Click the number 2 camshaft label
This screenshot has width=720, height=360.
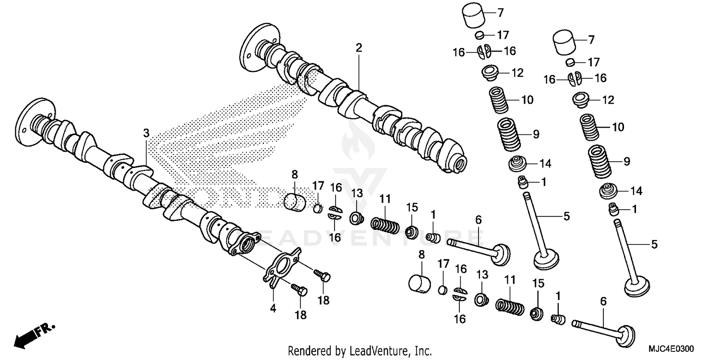359,48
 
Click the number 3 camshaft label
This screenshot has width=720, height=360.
146,132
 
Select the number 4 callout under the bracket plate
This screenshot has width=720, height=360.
273,309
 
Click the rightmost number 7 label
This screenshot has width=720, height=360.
591,39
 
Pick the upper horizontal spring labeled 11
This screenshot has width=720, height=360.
385,224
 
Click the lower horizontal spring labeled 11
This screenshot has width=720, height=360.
508,305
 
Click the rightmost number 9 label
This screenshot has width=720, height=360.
626,162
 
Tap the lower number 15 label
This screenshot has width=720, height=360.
538,283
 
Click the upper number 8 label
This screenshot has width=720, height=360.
295,174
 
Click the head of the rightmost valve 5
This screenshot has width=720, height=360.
637,287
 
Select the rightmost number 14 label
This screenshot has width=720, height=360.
636,191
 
